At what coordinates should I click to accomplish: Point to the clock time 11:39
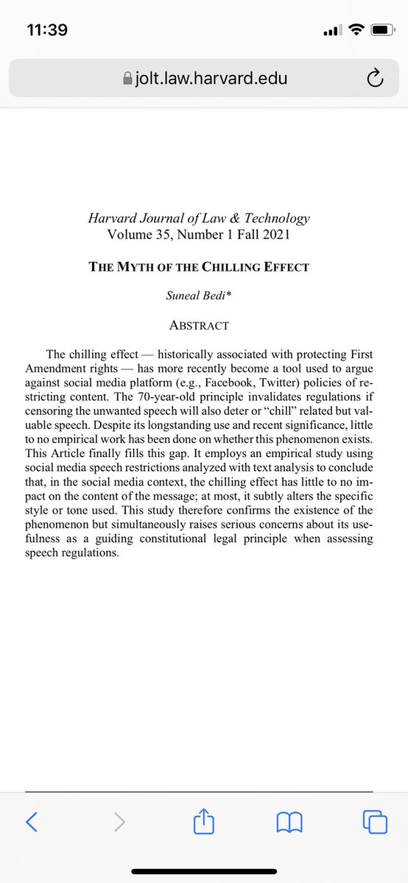pyautogui.click(x=46, y=30)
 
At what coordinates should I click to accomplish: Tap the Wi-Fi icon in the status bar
pyautogui.click(x=356, y=30)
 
